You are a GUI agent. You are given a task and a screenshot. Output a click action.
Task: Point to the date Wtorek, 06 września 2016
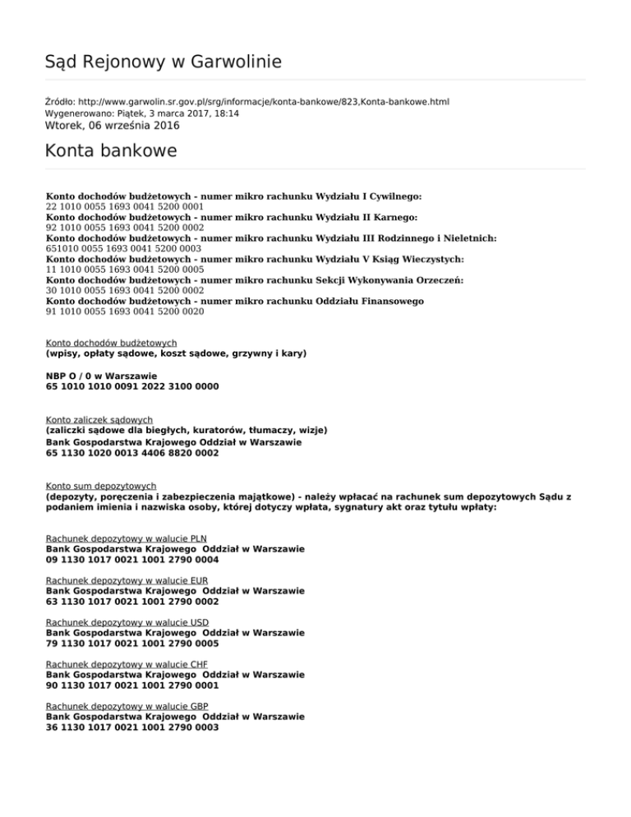click(x=112, y=126)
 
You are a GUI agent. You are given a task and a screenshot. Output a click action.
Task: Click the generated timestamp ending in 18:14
click(x=141, y=113)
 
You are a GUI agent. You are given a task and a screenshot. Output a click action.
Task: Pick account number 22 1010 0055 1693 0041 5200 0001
click(x=125, y=207)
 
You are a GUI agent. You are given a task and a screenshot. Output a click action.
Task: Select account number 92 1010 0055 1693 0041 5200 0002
click(x=125, y=228)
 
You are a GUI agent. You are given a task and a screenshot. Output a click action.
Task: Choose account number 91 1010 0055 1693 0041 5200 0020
click(x=125, y=312)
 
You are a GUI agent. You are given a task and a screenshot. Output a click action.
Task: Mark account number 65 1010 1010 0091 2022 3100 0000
click(x=132, y=385)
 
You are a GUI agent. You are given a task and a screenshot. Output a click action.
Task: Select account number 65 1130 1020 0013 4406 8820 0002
click(x=132, y=452)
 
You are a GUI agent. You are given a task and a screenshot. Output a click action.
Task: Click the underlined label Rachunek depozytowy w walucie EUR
click(x=127, y=580)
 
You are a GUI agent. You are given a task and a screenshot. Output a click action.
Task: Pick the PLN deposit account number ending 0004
click(x=132, y=560)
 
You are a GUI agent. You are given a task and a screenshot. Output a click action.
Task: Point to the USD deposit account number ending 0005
click(x=132, y=644)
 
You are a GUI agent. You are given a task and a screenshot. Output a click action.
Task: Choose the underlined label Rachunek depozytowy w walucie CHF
click(x=127, y=664)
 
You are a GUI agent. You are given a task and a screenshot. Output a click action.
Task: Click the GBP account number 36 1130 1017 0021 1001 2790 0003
click(x=132, y=727)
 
